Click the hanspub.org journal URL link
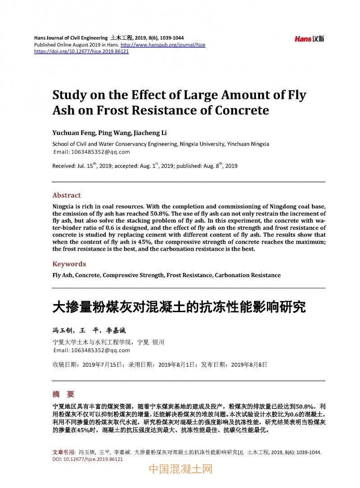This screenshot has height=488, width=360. pos(163,45)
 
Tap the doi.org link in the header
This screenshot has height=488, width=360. pos(81,51)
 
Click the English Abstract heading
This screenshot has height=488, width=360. pos(67,195)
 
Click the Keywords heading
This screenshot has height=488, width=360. pos(69,264)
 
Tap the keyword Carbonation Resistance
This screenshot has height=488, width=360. pos(247,275)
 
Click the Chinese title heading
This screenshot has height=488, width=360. pos(179,307)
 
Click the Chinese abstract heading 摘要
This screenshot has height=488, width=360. pos(63,394)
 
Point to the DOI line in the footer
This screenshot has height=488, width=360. pos(88,460)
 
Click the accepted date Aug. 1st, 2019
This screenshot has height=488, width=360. pos(142,166)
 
